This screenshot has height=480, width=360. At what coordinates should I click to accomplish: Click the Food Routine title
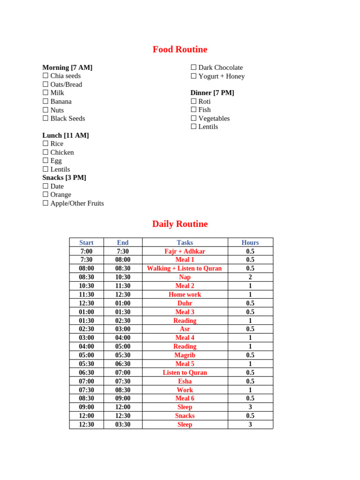pyautogui.click(x=180, y=49)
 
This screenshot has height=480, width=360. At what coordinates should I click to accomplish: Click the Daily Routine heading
pyautogui.click(x=180, y=224)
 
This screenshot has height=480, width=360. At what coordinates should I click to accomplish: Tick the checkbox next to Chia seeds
pyautogui.click(x=45, y=75)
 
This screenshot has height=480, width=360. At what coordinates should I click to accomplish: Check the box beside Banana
pyautogui.click(x=45, y=101)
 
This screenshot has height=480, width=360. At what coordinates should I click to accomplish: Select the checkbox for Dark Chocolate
pyautogui.click(x=194, y=67)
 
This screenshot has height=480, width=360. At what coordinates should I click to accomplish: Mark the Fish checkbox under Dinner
pyautogui.click(x=194, y=110)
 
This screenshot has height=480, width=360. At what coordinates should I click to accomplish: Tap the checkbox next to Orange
pyautogui.click(x=45, y=195)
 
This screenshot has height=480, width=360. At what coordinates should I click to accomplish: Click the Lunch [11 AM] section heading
pyautogui.click(x=66, y=135)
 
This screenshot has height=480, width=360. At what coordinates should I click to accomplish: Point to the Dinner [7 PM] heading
pyautogui.click(x=212, y=93)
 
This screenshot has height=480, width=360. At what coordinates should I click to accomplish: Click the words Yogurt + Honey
pyautogui.click(x=221, y=76)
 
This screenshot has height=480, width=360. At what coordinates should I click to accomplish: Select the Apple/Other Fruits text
pyautogui.click(x=77, y=203)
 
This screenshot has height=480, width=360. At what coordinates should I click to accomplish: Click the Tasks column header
pyautogui.click(x=185, y=242)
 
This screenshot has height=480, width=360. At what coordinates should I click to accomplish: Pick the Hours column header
pyautogui.click(x=250, y=242)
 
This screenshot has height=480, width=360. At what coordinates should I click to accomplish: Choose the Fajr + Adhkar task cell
pyautogui.click(x=185, y=251)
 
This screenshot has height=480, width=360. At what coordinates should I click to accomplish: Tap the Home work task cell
pyautogui.click(x=185, y=294)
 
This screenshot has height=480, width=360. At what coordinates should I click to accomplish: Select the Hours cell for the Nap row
pyautogui.click(x=250, y=277)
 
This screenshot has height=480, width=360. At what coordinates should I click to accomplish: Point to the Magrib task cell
pyautogui.click(x=185, y=355)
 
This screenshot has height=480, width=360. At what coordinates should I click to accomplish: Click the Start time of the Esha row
pyautogui.click(x=86, y=381)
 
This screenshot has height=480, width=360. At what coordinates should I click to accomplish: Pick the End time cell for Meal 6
pyautogui.click(x=123, y=398)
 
